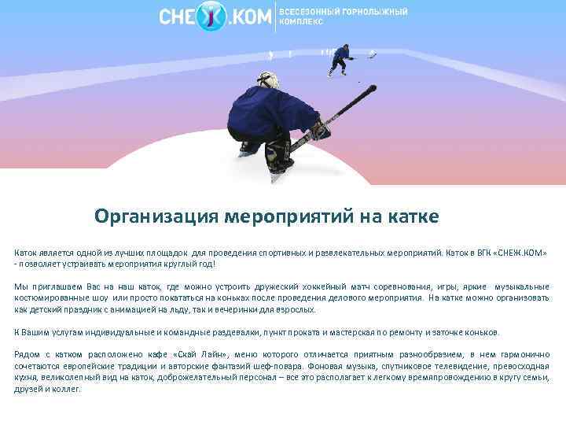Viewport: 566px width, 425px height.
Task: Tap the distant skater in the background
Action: [340, 58]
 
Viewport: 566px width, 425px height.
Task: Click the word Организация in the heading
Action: [156, 216]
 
